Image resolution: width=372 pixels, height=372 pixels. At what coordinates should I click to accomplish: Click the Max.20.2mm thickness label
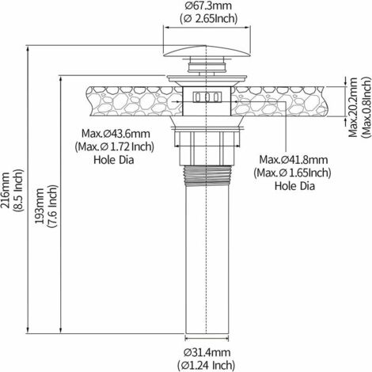[354, 101]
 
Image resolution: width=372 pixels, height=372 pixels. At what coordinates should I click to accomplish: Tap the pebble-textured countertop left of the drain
[119, 100]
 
